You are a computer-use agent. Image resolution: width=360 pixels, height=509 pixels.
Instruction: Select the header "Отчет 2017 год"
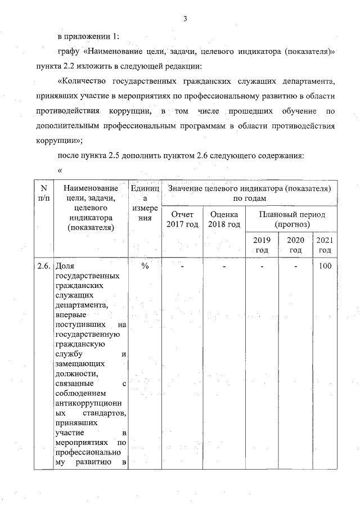183,220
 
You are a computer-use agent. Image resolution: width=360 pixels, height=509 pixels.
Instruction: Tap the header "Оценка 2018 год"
224,220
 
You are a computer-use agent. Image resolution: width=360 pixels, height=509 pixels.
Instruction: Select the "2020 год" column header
296,245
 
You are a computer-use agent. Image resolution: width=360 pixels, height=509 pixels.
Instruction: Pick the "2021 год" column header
325,245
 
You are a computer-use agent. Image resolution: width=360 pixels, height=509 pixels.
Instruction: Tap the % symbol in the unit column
145,266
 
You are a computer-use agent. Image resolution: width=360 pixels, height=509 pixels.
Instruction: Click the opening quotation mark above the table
60,169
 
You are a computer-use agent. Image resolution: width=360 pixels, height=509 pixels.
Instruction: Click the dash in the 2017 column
183,266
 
